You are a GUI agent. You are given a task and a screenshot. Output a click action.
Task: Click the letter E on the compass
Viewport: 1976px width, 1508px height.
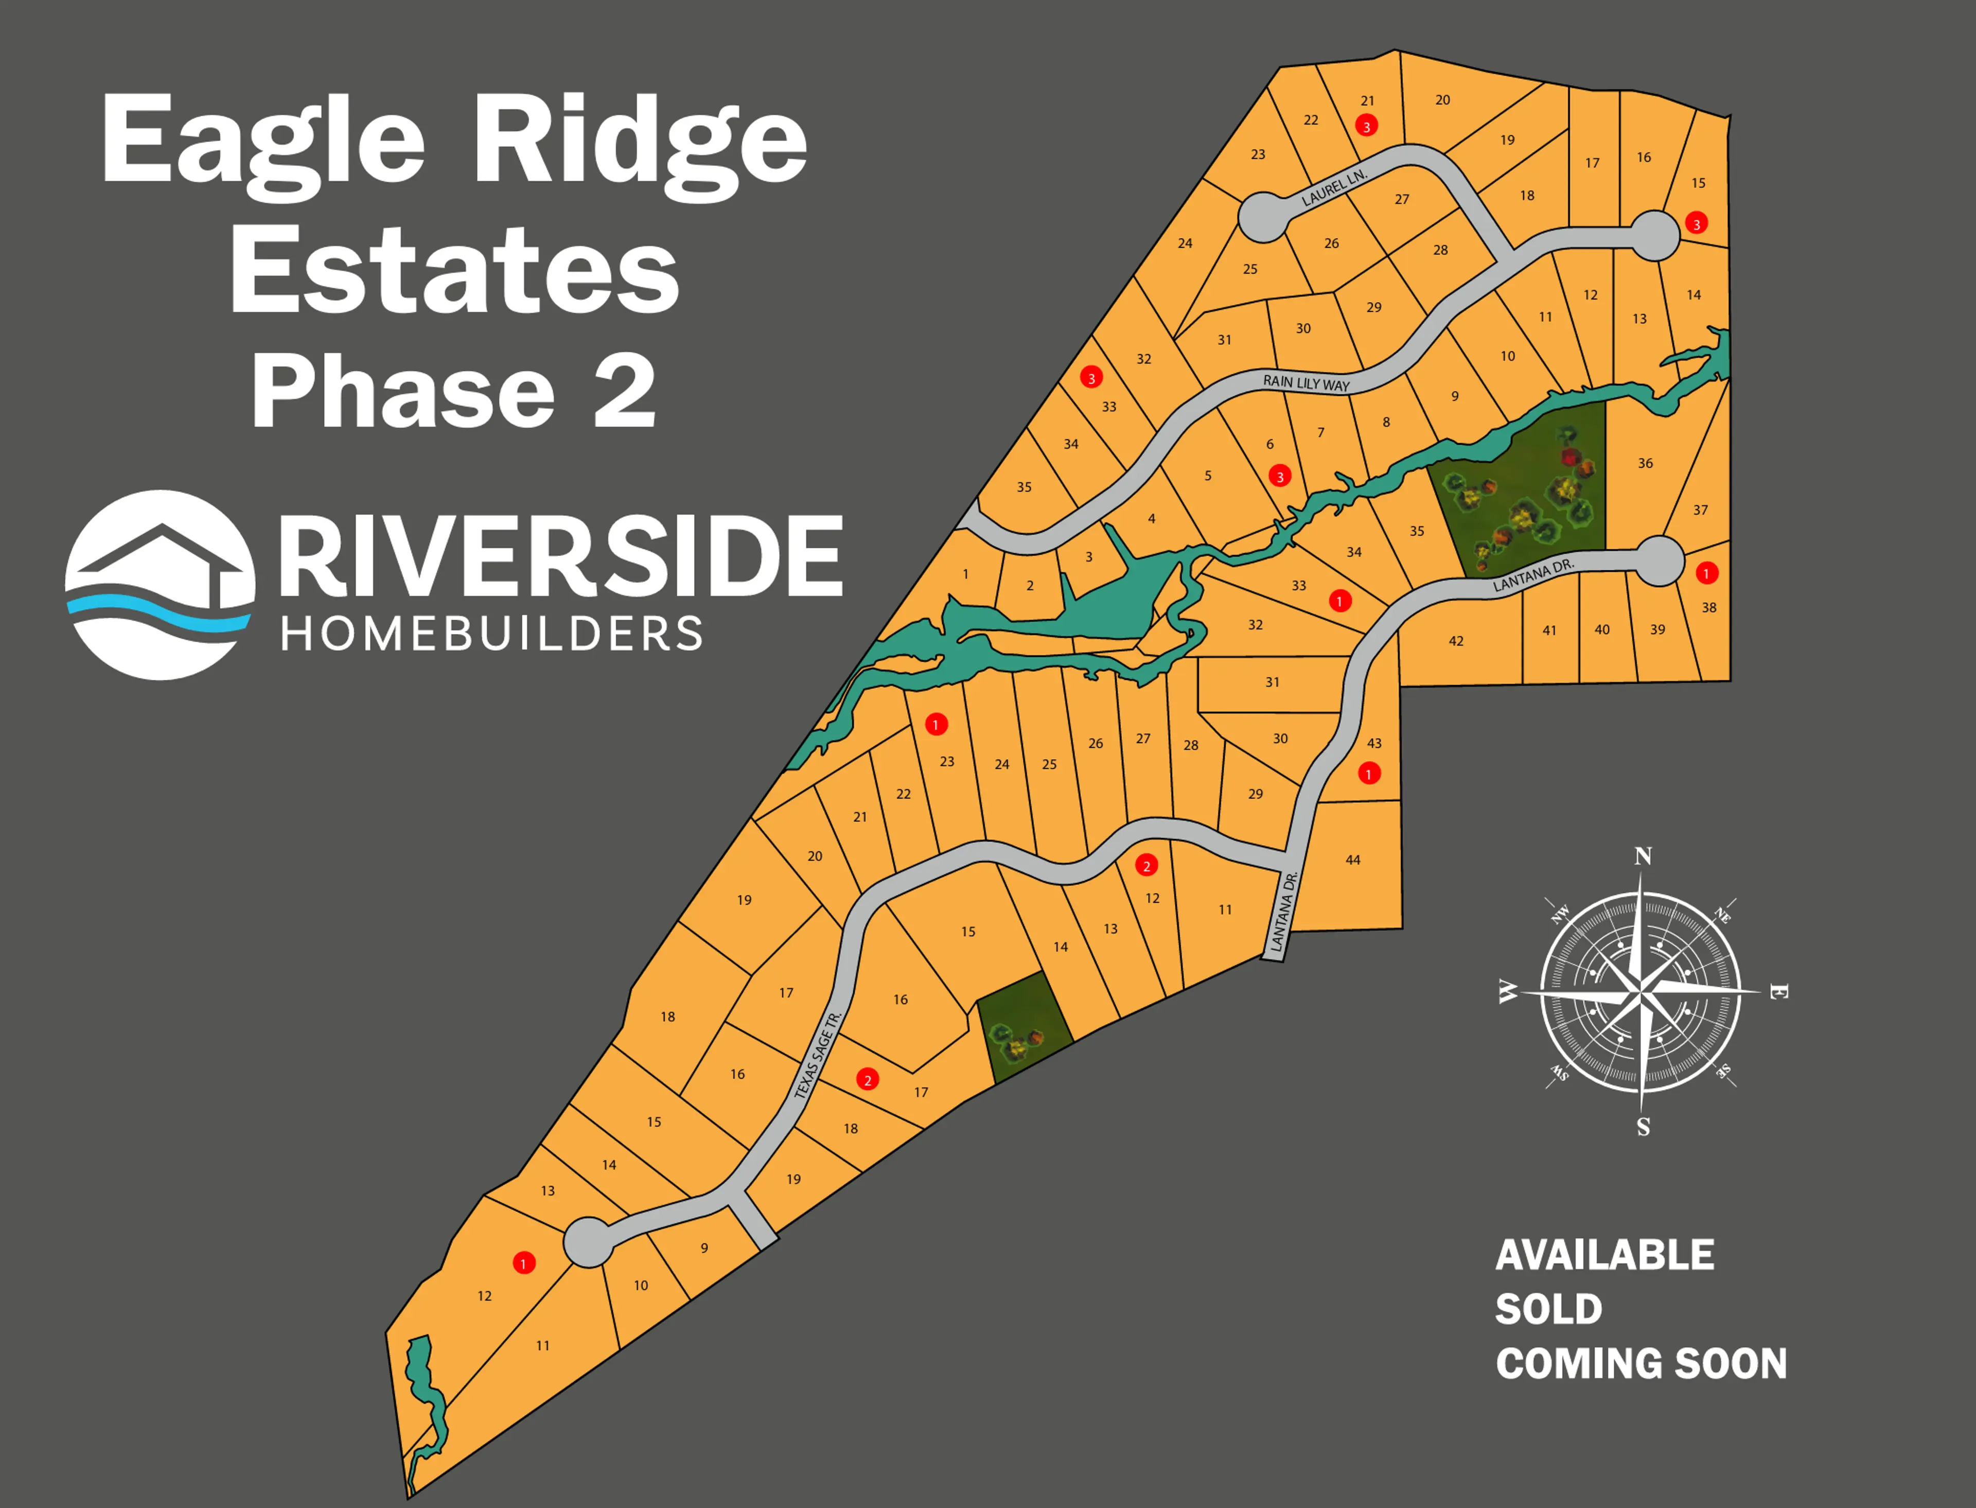pos(1778,992)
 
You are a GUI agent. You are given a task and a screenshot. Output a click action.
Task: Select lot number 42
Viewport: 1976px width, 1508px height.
pos(1456,641)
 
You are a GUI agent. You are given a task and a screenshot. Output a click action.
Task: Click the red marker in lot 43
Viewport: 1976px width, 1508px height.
pos(1368,773)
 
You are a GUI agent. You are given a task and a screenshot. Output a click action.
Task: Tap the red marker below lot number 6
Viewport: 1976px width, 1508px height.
pos(1280,476)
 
